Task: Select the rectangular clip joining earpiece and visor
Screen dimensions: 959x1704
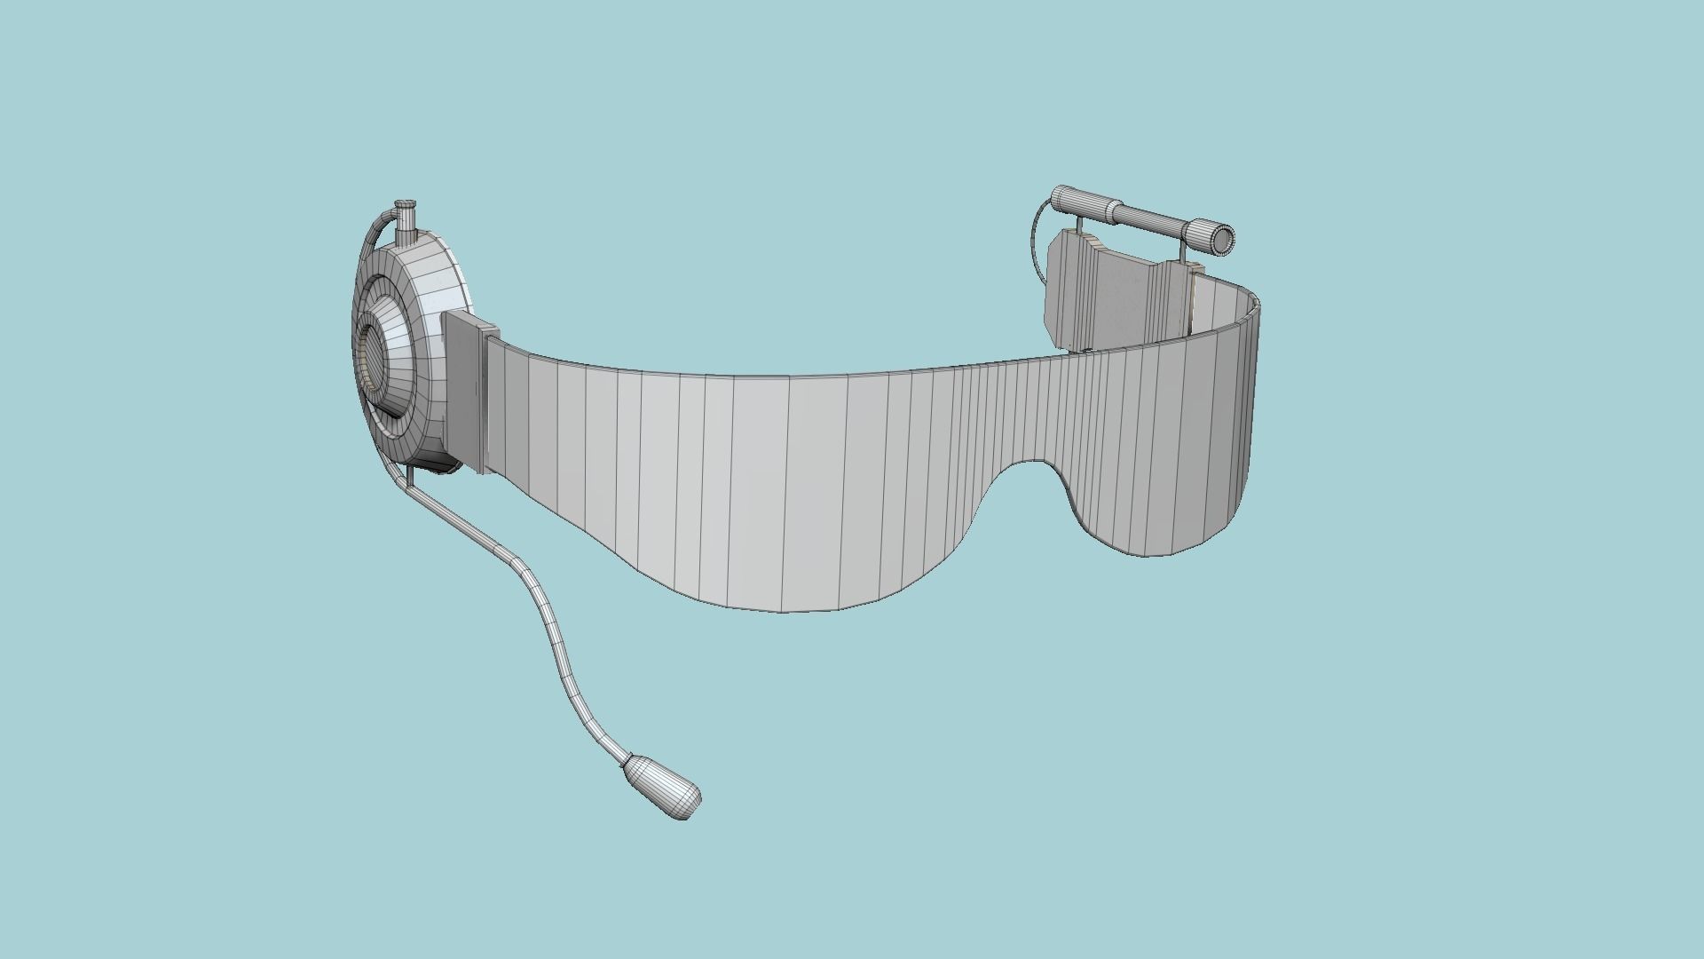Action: (466, 391)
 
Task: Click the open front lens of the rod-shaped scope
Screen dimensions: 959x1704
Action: (1224, 238)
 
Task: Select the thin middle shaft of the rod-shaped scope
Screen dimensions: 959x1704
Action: (1149, 218)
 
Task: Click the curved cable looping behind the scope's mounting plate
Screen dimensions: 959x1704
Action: (1036, 235)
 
